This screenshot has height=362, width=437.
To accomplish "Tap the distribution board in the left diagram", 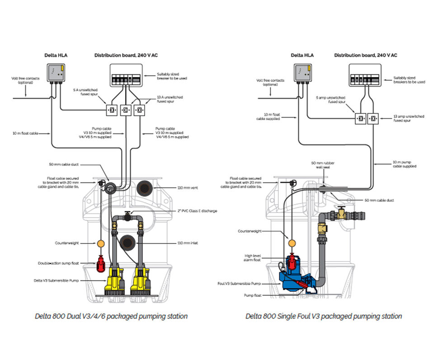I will coord(126,75).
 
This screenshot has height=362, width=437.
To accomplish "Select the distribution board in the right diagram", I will coord(367,75).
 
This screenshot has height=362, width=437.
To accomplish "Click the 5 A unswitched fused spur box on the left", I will coord(112,110).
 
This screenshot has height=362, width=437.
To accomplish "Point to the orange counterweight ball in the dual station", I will coord(100,244).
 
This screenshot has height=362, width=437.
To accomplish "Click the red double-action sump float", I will coord(100,263).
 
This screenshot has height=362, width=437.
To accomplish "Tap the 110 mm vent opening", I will coord(146,187).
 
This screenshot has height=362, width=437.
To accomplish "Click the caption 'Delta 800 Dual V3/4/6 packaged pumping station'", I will coord(111,316).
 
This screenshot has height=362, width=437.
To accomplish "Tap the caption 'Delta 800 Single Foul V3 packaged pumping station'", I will coord(324,316).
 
